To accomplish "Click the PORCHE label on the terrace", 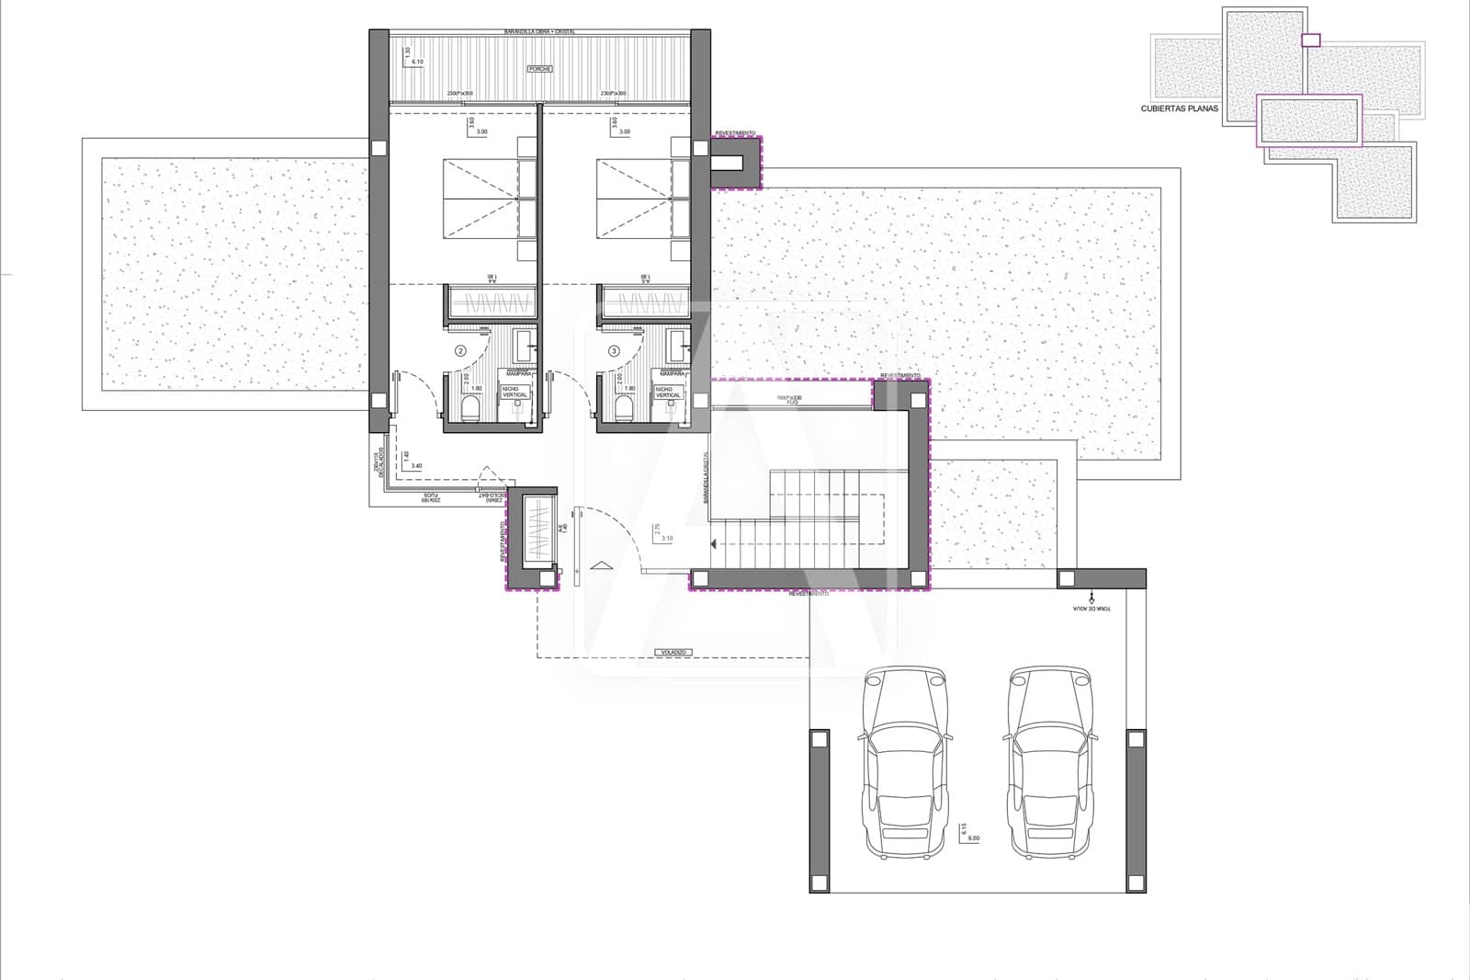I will click(x=539, y=70).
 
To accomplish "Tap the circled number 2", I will click(x=460, y=351).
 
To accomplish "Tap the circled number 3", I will click(x=614, y=351).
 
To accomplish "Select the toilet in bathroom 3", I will click(x=627, y=408).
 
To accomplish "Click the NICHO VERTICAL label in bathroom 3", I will click(x=668, y=393).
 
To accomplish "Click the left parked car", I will click(x=906, y=763).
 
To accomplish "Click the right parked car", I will click(x=1051, y=763).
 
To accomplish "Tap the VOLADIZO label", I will click(x=673, y=652).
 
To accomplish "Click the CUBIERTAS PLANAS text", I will click(x=1179, y=108).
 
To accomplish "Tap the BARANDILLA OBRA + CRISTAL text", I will click(x=539, y=31).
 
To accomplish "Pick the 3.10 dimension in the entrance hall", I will click(x=666, y=539).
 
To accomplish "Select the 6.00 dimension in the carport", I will click(x=973, y=838).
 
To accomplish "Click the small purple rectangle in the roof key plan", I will click(x=1311, y=40).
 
